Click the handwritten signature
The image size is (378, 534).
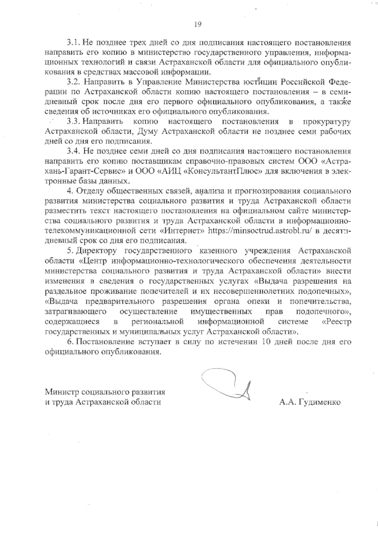230,386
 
